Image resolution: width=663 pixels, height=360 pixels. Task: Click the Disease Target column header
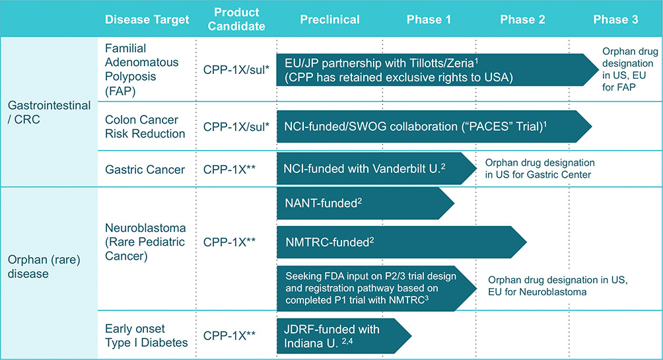tap(147, 19)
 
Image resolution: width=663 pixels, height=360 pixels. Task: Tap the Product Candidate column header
tap(236, 19)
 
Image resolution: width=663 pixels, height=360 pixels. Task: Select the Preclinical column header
tap(330, 19)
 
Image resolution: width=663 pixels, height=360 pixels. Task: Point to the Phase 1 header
tap(429, 19)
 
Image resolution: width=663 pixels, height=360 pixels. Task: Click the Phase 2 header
tap(522, 19)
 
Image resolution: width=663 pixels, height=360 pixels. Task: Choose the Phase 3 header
tap(615, 19)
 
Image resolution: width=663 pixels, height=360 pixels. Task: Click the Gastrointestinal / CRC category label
tap(49, 112)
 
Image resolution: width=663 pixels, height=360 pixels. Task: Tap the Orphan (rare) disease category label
tap(44, 266)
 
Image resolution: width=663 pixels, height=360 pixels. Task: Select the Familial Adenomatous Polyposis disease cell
tap(142, 69)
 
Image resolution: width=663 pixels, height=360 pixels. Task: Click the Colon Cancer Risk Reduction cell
tap(145, 126)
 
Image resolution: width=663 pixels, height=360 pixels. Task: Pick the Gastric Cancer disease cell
tap(145, 169)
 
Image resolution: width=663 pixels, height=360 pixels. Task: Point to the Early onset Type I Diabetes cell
tap(147, 336)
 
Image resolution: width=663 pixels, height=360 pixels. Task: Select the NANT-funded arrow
tap(365, 203)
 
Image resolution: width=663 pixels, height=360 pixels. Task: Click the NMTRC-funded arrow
tap(401, 242)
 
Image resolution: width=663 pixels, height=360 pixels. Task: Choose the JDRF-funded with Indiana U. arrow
tap(344, 336)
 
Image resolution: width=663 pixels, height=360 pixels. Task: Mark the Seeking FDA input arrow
tap(377, 288)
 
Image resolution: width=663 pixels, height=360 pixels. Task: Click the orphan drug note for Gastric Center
tap(540, 169)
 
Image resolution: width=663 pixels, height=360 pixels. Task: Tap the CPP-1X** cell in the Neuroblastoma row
tap(229, 242)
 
